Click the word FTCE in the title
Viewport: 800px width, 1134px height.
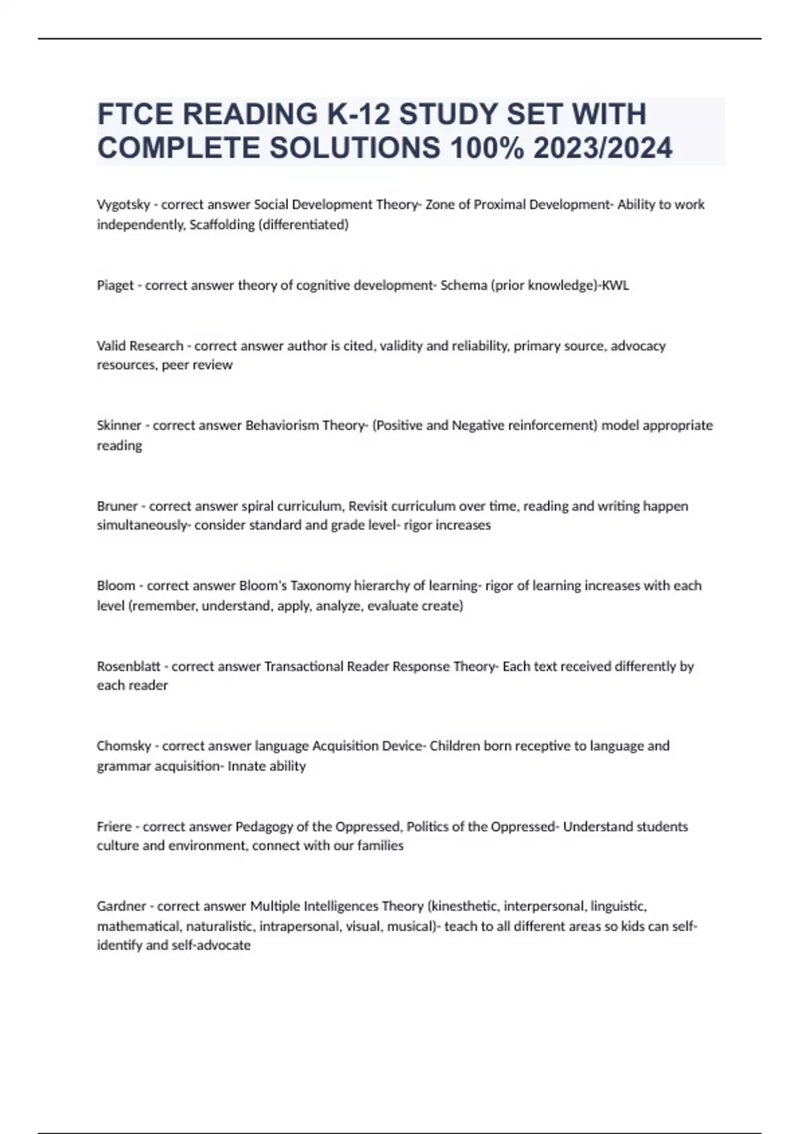pos(135,114)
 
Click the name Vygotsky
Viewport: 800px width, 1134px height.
pos(123,205)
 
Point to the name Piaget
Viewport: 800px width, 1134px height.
pos(115,286)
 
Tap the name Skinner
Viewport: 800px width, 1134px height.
pos(119,426)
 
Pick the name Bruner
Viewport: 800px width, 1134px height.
pos(117,506)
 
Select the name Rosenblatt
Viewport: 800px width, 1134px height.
pos(130,666)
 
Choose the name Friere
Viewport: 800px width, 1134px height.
pos(114,826)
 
